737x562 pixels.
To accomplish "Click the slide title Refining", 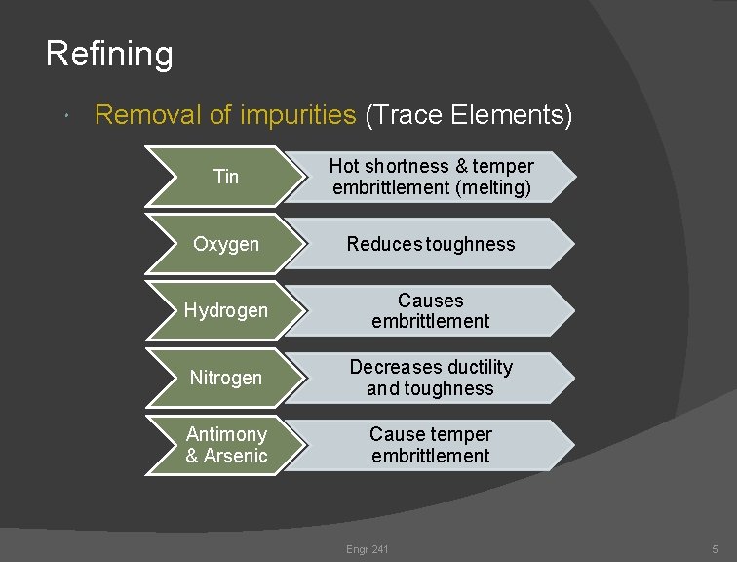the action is point(109,53).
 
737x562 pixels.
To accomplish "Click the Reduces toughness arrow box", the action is point(431,243).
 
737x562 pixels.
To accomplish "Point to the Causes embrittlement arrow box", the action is point(431,310).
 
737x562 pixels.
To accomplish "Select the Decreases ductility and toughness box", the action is point(431,377).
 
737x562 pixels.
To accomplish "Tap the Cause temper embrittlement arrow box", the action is point(431,444).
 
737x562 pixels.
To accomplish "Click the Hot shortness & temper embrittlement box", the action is point(431,177).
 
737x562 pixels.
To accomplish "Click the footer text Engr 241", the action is point(367,550).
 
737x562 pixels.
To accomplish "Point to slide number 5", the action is point(715,550).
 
